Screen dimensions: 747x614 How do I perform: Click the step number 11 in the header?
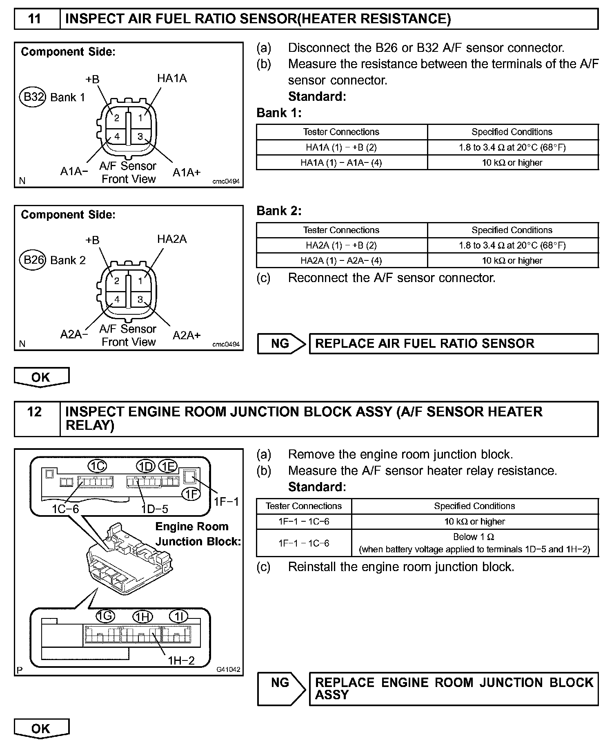point(35,19)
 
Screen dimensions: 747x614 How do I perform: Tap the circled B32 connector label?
point(33,97)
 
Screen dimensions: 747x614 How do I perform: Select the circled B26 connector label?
point(33,260)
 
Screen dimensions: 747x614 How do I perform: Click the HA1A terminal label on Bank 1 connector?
point(172,78)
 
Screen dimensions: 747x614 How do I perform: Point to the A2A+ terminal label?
point(187,335)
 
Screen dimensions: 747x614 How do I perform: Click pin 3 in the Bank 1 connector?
point(140,136)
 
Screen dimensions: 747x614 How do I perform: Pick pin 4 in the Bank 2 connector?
point(117,299)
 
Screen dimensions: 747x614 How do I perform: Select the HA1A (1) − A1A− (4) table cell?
point(341,162)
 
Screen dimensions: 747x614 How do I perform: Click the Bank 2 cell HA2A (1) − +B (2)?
point(341,245)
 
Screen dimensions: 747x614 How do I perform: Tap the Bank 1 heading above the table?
point(279,113)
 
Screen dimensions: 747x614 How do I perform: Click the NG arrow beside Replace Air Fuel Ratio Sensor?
point(281,344)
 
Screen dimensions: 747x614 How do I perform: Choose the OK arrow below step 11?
point(41,377)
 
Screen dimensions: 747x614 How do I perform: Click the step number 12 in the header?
point(35,412)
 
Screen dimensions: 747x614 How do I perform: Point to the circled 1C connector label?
point(98,466)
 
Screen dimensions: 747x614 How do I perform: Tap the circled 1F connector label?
point(191,494)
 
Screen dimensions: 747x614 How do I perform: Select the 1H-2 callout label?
point(181,660)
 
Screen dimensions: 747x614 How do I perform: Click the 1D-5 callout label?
point(155,509)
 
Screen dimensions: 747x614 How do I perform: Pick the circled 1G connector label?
point(105,616)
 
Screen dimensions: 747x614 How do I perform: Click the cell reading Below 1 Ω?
point(474,537)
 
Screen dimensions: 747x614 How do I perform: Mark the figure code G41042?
point(228,669)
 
